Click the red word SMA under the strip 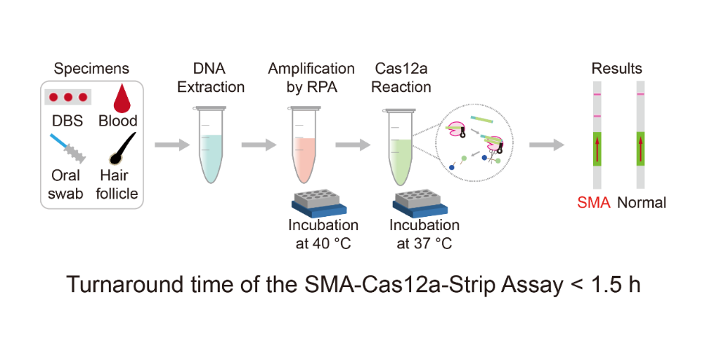click(593, 202)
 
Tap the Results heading click(616, 69)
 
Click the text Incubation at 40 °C click(324, 234)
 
